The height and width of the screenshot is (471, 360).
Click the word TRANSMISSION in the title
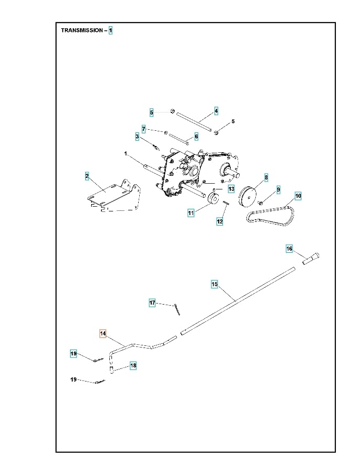pos(82,30)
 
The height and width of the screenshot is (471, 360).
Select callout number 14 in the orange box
pos(103,333)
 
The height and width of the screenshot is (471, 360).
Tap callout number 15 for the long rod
pos(215,284)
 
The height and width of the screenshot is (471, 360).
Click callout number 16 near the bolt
pos(289,249)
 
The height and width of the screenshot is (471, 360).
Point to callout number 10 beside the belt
pos(298,196)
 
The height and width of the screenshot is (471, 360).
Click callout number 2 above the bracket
pos(87,176)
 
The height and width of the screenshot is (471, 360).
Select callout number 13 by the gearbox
pos(231,188)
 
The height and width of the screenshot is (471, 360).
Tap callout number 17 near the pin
pos(152,303)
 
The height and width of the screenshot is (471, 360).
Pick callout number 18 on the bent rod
pos(133,366)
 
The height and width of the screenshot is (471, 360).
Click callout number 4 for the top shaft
pos(216,111)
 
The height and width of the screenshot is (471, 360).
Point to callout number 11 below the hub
pos(191,212)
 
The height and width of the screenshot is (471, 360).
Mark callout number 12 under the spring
pos(220,222)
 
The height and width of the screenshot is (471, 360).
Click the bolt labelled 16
pos(312,257)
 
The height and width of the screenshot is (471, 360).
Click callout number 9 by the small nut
pos(278,189)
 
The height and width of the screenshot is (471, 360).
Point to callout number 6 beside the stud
pos(196,137)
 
